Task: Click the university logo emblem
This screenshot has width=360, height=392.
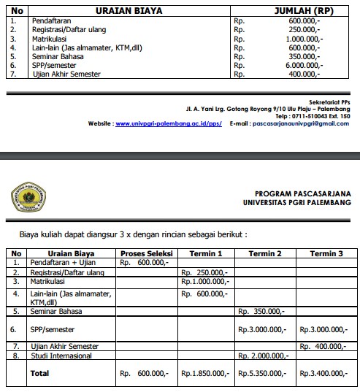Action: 28,196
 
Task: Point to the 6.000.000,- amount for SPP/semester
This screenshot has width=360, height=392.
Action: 299,65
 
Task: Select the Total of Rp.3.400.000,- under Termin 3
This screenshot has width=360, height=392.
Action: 326,373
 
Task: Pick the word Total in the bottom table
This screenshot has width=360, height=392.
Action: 39,373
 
